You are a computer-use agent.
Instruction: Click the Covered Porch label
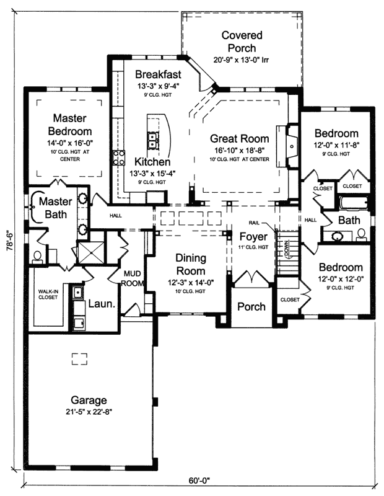pos(242,42)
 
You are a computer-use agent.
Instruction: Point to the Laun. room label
pos(100,304)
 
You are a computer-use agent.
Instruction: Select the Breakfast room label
pos(159,75)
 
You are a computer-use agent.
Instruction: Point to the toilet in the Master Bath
pos(37,255)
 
